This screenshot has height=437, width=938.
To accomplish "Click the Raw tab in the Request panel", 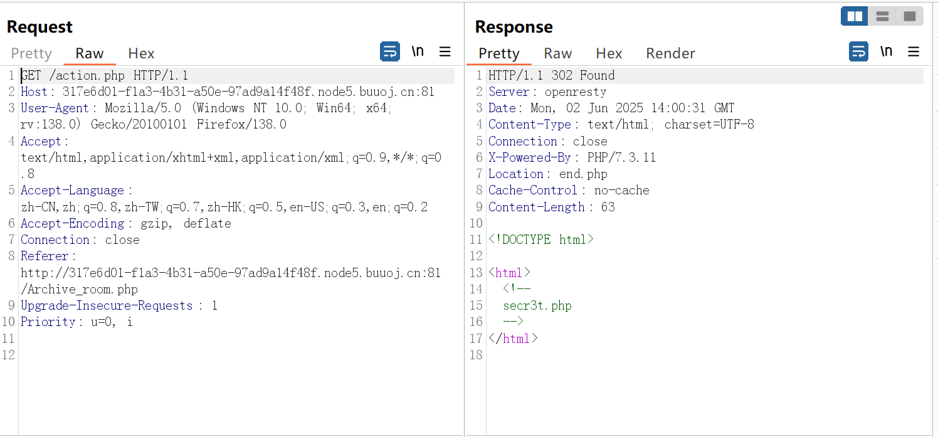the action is (x=90, y=53).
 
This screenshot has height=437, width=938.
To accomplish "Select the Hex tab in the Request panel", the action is (x=141, y=53).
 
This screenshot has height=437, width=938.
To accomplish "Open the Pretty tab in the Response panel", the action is (x=498, y=53).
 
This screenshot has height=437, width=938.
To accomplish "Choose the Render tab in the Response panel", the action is (x=670, y=53).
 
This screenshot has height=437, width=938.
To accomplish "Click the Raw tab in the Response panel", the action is (x=557, y=53).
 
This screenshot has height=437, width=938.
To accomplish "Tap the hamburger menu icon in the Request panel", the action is (x=445, y=51).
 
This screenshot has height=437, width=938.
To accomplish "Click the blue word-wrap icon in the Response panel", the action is (x=858, y=51).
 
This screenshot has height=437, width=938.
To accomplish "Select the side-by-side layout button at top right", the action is (x=855, y=16).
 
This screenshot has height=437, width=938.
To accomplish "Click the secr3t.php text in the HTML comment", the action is (x=537, y=305).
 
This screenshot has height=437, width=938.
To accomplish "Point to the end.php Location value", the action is (x=583, y=174).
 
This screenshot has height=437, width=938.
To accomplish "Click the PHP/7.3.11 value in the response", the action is (x=621, y=157).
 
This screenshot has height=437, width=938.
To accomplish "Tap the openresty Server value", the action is (x=576, y=92).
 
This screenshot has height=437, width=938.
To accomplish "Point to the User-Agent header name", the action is (x=55, y=108).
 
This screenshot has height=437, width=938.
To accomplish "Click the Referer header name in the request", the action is (x=45, y=256).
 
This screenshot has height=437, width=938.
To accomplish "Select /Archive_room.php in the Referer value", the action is (x=79, y=289).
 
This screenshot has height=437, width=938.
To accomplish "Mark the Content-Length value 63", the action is (x=608, y=207).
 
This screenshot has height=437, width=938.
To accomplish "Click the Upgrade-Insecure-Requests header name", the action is (x=107, y=305).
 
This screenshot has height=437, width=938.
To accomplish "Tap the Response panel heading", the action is (x=514, y=27).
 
